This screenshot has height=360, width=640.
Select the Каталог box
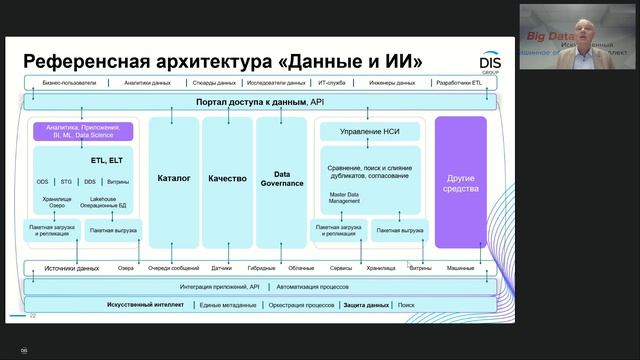[x=174, y=178]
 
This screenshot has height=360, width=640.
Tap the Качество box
[x=227, y=178]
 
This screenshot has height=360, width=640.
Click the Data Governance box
[x=281, y=178]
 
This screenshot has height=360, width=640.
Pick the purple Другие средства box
[x=461, y=183]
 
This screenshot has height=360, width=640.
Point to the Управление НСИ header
[x=368, y=132]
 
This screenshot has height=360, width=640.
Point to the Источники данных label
[x=72, y=268]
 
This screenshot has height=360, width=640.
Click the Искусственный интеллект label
[x=146, y=304]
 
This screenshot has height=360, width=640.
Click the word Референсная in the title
[x=85, y=60]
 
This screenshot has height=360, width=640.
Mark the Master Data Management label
[x=345, y=198]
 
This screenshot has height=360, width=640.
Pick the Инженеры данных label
[x=392, y=83]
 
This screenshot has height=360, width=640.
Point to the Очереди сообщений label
[x=174, y=268]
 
